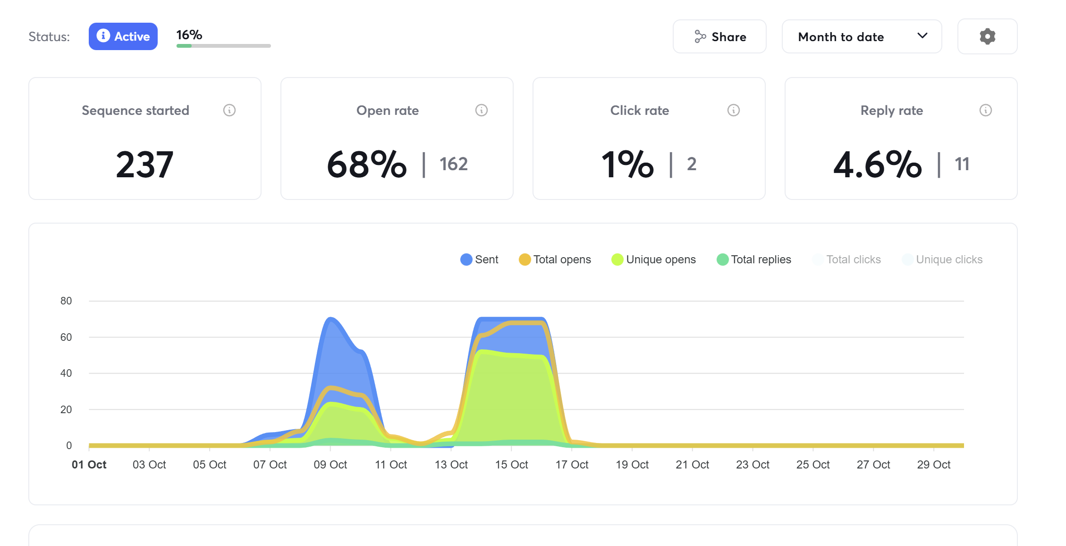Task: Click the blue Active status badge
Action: click(x=123, y=36)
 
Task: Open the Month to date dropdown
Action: click(x=862, y=36)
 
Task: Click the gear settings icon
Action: click(x=987, y=36)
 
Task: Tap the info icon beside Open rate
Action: click(x=481, y=110)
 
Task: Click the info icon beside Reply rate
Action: click(x=985, y=110)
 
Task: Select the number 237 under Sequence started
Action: click(x=144, y=165)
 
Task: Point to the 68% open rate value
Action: click(x=367, y=165)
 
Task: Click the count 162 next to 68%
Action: click(x=453, y=164)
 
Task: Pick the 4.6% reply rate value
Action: click(x=877, y=165)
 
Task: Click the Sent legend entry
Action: click(x=480, y=260)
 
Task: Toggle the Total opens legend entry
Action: click(x=555, y=260)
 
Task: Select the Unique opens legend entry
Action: click(x=654, y=260)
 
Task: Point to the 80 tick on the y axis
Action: click(x=66, y=301)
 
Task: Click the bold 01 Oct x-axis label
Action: click(x=89, y=465)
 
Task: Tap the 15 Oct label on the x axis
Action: click(x=511, y=465)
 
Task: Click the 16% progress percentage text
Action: click(x=189, y=35)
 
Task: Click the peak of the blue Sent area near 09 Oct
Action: click(x=330, y=319)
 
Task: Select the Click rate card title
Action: click(x=639, y=110)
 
